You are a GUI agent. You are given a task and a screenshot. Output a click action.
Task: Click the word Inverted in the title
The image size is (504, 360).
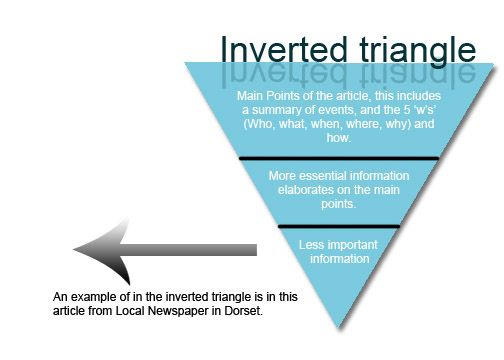[275, 49]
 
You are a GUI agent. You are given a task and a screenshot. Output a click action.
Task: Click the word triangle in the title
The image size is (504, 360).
[404, 49]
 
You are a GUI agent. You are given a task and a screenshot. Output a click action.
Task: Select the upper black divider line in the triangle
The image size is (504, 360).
[339, 158]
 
